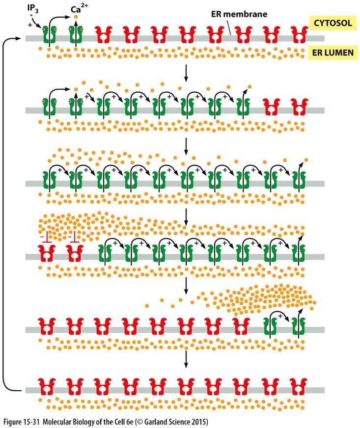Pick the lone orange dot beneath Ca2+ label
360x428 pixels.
(76, 17)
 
